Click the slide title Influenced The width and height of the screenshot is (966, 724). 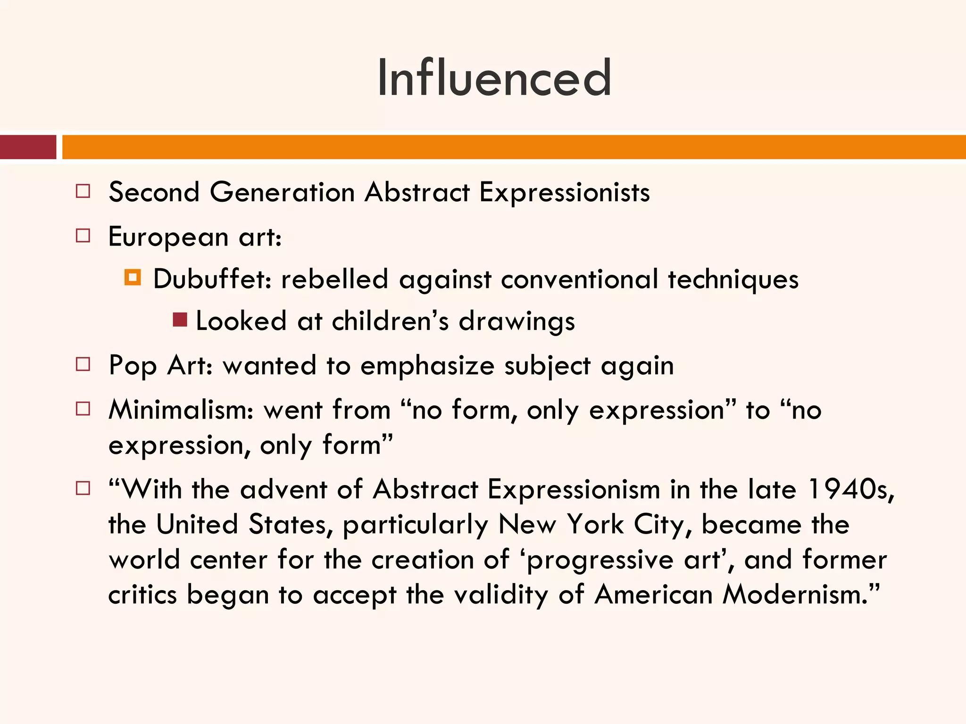tap(494, 78)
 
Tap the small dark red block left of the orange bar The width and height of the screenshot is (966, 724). tap(28, 147)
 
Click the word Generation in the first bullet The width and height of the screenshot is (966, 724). tap(282, 192)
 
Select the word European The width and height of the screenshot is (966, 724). tap(168, 237)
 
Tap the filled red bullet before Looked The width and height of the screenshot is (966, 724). tap(180, 320)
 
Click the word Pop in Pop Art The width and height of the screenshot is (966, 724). tap(133, 366)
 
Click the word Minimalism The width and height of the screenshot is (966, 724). tap(181, 409)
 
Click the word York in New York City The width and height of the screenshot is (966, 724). tap(596, 524)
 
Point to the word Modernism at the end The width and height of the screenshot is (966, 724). tap(797, 594)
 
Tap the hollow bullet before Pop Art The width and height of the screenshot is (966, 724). tap(83, 364)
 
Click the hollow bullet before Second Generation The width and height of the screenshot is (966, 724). tap(83, 191)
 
